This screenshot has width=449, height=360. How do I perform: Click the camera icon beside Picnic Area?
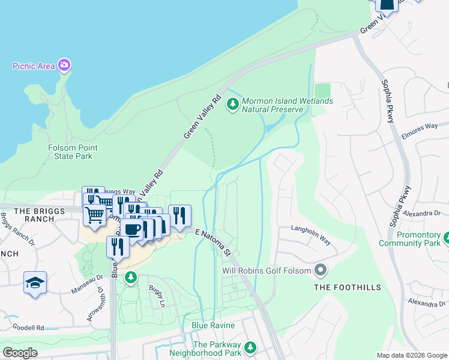[x=64, y=65]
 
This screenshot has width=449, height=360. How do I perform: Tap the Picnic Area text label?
[x=33, y=65]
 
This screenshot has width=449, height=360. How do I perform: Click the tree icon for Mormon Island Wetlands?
[x=232, y=105]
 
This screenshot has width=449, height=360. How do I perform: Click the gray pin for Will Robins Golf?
[x=321, y=271]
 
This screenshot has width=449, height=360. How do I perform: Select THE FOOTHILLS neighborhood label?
[x=348, y=287]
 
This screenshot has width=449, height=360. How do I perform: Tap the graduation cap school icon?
[x=35, y=282]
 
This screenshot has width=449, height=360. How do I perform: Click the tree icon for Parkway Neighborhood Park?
[x=252, y=347]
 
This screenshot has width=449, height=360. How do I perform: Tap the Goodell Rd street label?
[x=23, y=328]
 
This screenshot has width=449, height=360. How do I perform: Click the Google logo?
[x=20, y=353]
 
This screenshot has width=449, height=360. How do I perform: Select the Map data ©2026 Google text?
[x=412, y=355]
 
